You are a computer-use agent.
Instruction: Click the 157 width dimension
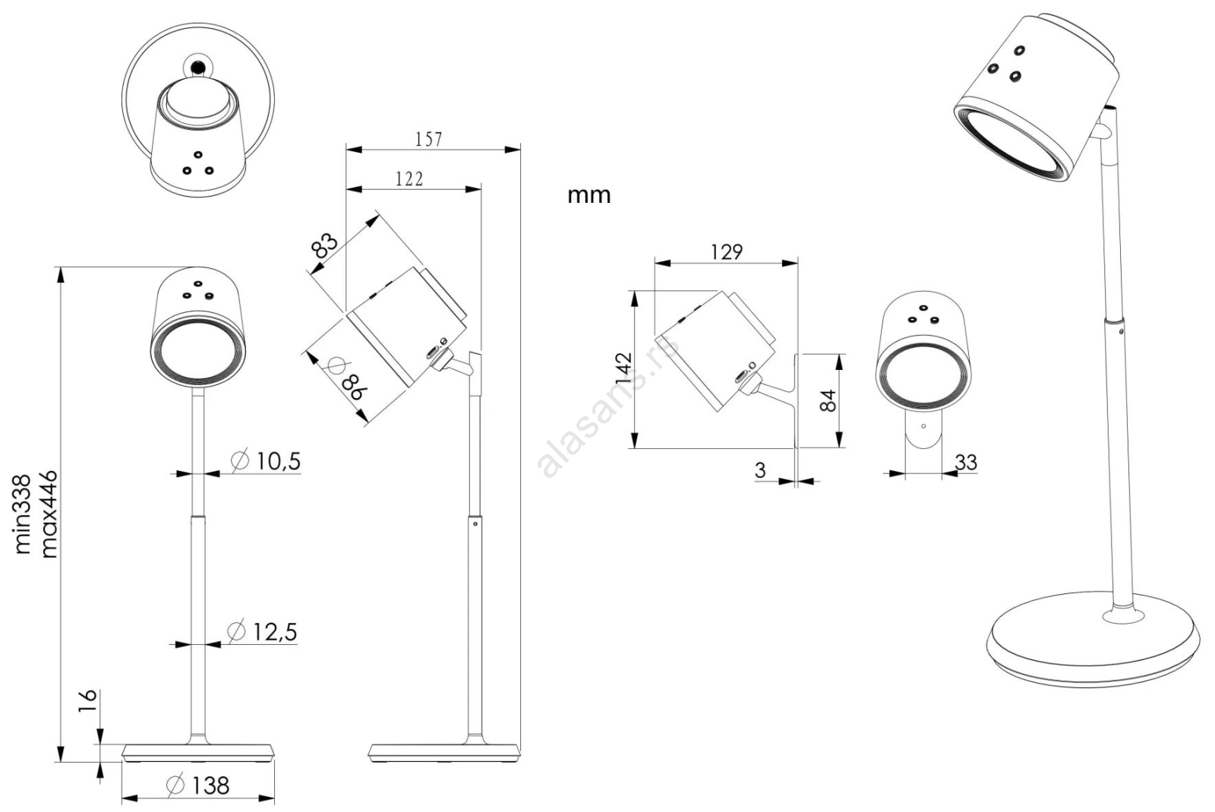click(428, 139)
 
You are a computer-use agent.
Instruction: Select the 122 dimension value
click(409, 179)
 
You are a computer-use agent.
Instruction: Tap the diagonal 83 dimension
click(324, 245)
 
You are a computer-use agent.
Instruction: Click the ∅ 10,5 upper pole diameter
click(266, 460)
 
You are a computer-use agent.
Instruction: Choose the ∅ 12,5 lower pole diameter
click(263, 631)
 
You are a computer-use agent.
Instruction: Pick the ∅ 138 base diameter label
click(198, 785)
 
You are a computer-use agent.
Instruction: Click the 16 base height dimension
click(87, 700)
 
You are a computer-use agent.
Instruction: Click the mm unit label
click(589, 195)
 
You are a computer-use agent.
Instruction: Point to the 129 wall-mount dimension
click(726, 251)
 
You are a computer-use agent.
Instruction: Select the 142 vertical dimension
click(623, 368)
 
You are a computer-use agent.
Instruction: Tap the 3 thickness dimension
click(760, 470)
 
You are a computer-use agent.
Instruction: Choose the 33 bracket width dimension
click(965, 462)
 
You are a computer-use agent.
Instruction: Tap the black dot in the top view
click(198, 67)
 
